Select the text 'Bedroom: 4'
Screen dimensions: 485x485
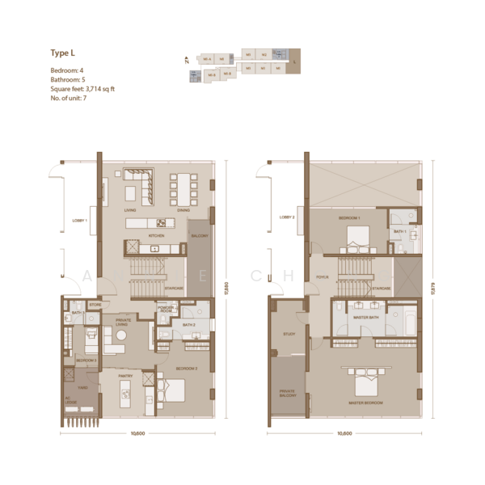click(x=67, y=70)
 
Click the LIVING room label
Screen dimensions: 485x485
click(x=129, y=209)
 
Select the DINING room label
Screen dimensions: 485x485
click(x=183, y=209)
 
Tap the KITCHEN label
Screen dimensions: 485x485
click(x=156, y=235)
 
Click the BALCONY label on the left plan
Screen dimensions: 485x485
click(x=200, y=236)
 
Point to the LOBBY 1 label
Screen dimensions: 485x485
click(x=80, y=220)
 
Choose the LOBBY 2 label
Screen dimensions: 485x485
click(x=287, y=217)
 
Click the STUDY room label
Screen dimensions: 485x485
click(x=289, y=333)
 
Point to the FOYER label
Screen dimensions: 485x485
click(x=322, y=277)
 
